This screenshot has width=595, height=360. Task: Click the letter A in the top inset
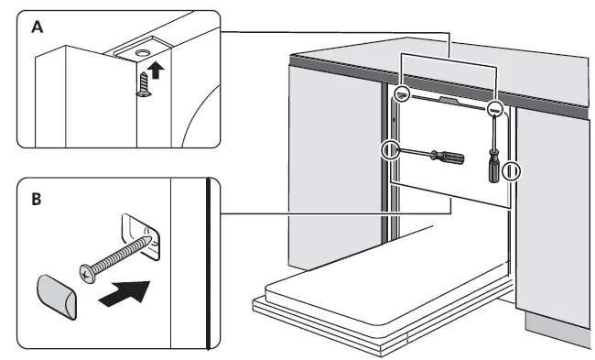(37, 27)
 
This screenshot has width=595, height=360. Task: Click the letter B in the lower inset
(37, 197)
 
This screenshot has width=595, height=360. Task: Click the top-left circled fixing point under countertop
(403, 95)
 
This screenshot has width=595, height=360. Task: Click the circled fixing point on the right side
(513, 170)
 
